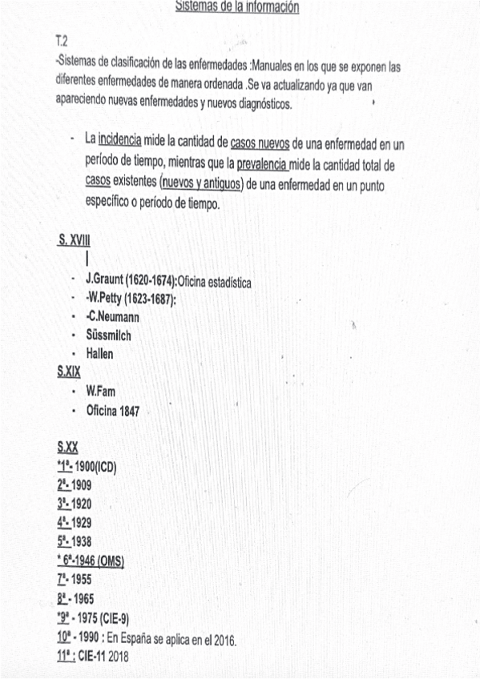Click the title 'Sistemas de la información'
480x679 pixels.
point(237,8)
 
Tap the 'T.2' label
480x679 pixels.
point(62,40)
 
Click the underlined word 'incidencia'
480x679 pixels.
point(119,139)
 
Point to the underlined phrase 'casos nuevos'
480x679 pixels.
point(260,144)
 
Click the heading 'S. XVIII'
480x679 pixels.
point(74,240)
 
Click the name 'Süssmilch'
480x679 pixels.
point(108,335)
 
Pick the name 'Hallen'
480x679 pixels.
point(99,353)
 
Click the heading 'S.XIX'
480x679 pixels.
point(69,372)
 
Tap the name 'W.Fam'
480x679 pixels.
point(100,392)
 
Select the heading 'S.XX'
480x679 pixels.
point(68,448)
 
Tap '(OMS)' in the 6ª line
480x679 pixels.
point(108,560)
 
